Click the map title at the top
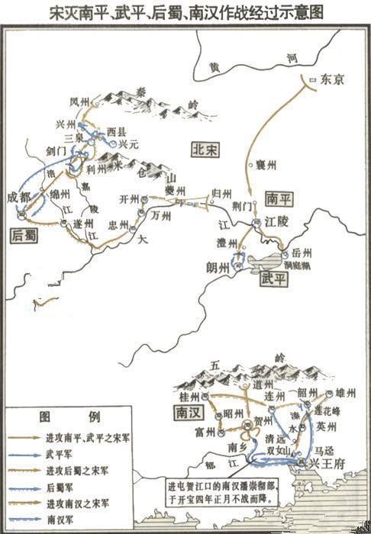[x=185, y=14]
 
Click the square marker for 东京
[x=311, y=79]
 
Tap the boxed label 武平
[x=273, y=278]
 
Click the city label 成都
[x=21, y=197]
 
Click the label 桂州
[x=188, y=397]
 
